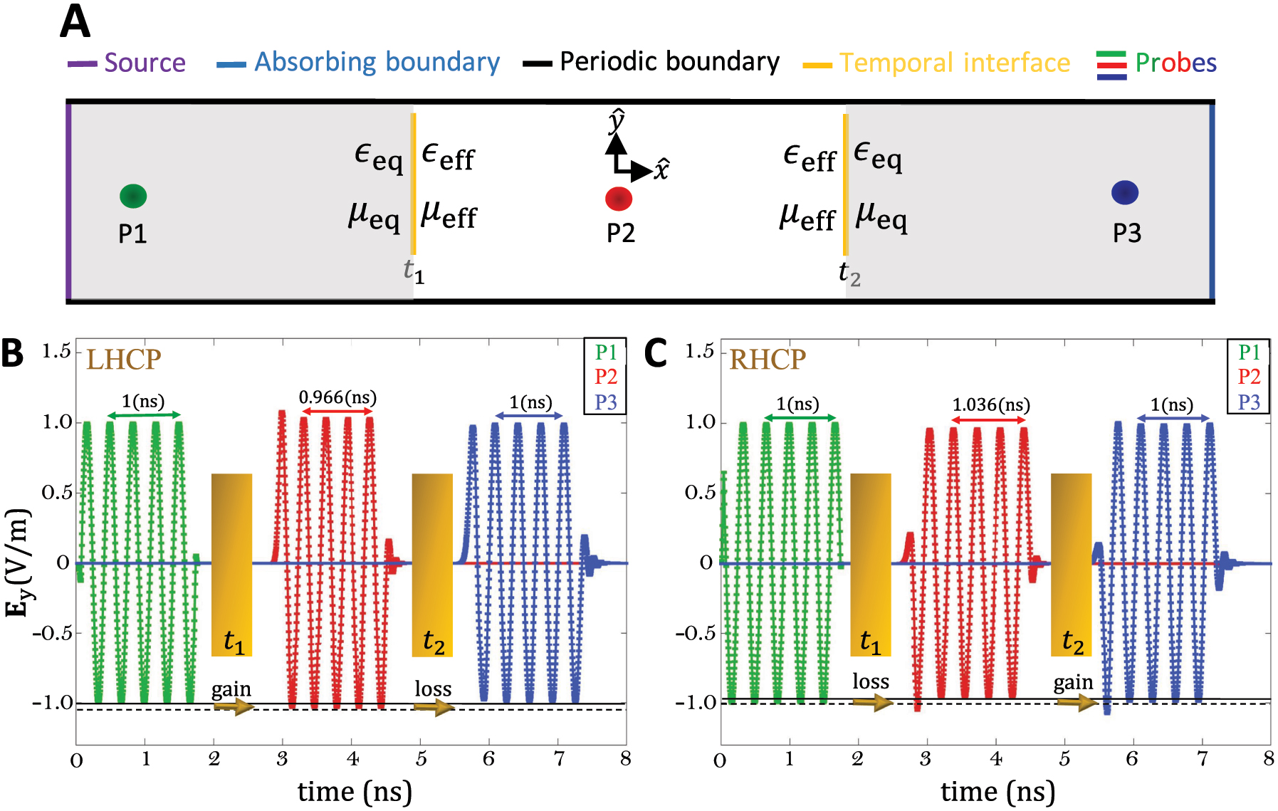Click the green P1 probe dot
[x=133, y=196]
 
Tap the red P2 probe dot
[x=619, y=199]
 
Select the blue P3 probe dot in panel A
[x=1124, y=192]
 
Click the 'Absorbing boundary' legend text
[x=377, y=63]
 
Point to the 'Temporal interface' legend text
[x=954, y=63]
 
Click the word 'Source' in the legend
[x=145, y=63]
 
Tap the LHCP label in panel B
[x=124, y=360]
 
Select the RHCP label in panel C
[x=768, y=360]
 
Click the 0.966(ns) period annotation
[x=337, y=397]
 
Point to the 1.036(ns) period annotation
[x=991, y=405]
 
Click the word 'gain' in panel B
[x=231, y=689]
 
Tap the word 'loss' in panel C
[x=871, y=681]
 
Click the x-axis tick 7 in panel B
[x=559, y=759]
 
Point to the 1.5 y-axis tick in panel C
[x=699, y=351]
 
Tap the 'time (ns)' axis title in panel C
[x=997, y=792]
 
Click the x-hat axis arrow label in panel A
[x=661, y=169]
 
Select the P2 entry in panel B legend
[x=606, y=377]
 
